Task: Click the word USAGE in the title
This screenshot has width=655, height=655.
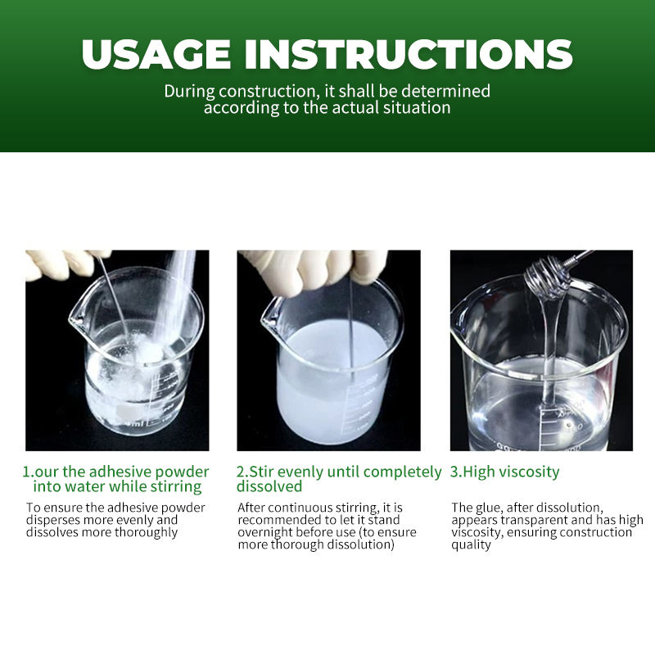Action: pos(156,54)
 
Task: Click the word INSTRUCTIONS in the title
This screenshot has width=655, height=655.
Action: pos(408,54)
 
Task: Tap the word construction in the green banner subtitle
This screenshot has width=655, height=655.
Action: pos(267,91)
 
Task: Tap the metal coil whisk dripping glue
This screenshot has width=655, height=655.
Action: pos(547,278)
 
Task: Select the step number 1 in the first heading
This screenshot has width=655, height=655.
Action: pos(26,472)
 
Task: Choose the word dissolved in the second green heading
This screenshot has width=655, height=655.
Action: pos(269,486)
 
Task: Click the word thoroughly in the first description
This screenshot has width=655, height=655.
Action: pos(146,533)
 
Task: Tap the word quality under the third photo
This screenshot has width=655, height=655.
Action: pos(471,545)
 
